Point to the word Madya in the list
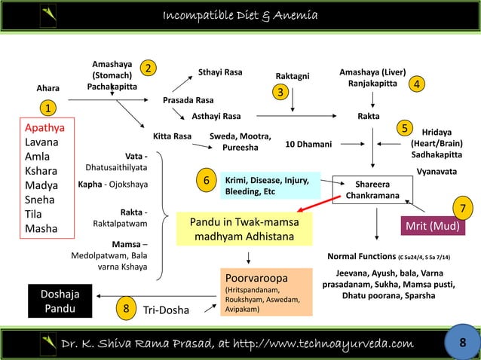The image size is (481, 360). point(42,185)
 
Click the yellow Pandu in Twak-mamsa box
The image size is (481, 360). point(236,230)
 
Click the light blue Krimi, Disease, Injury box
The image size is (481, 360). point(268,186)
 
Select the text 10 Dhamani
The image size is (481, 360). point(308,143)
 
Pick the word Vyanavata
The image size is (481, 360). point(439,172)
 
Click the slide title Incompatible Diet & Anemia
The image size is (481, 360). point(240,17)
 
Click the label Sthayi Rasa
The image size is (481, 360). point(220,72)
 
